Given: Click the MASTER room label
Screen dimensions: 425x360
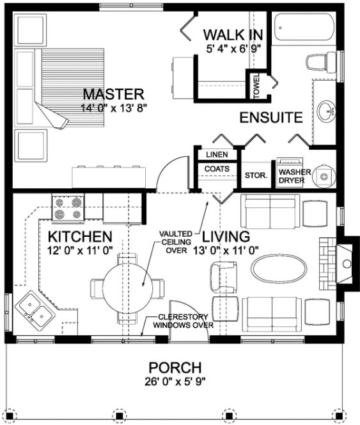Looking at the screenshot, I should click(112, 94).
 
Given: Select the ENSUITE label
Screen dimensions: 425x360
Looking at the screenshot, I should click(270, 118).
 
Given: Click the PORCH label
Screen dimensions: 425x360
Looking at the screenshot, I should click(175, 368).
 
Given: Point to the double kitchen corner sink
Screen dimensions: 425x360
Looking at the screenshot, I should click(35, 312).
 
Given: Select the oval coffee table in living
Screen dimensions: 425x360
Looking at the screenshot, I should click(274, 264).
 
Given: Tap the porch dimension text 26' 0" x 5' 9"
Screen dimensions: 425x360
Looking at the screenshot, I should click(175, 383).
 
